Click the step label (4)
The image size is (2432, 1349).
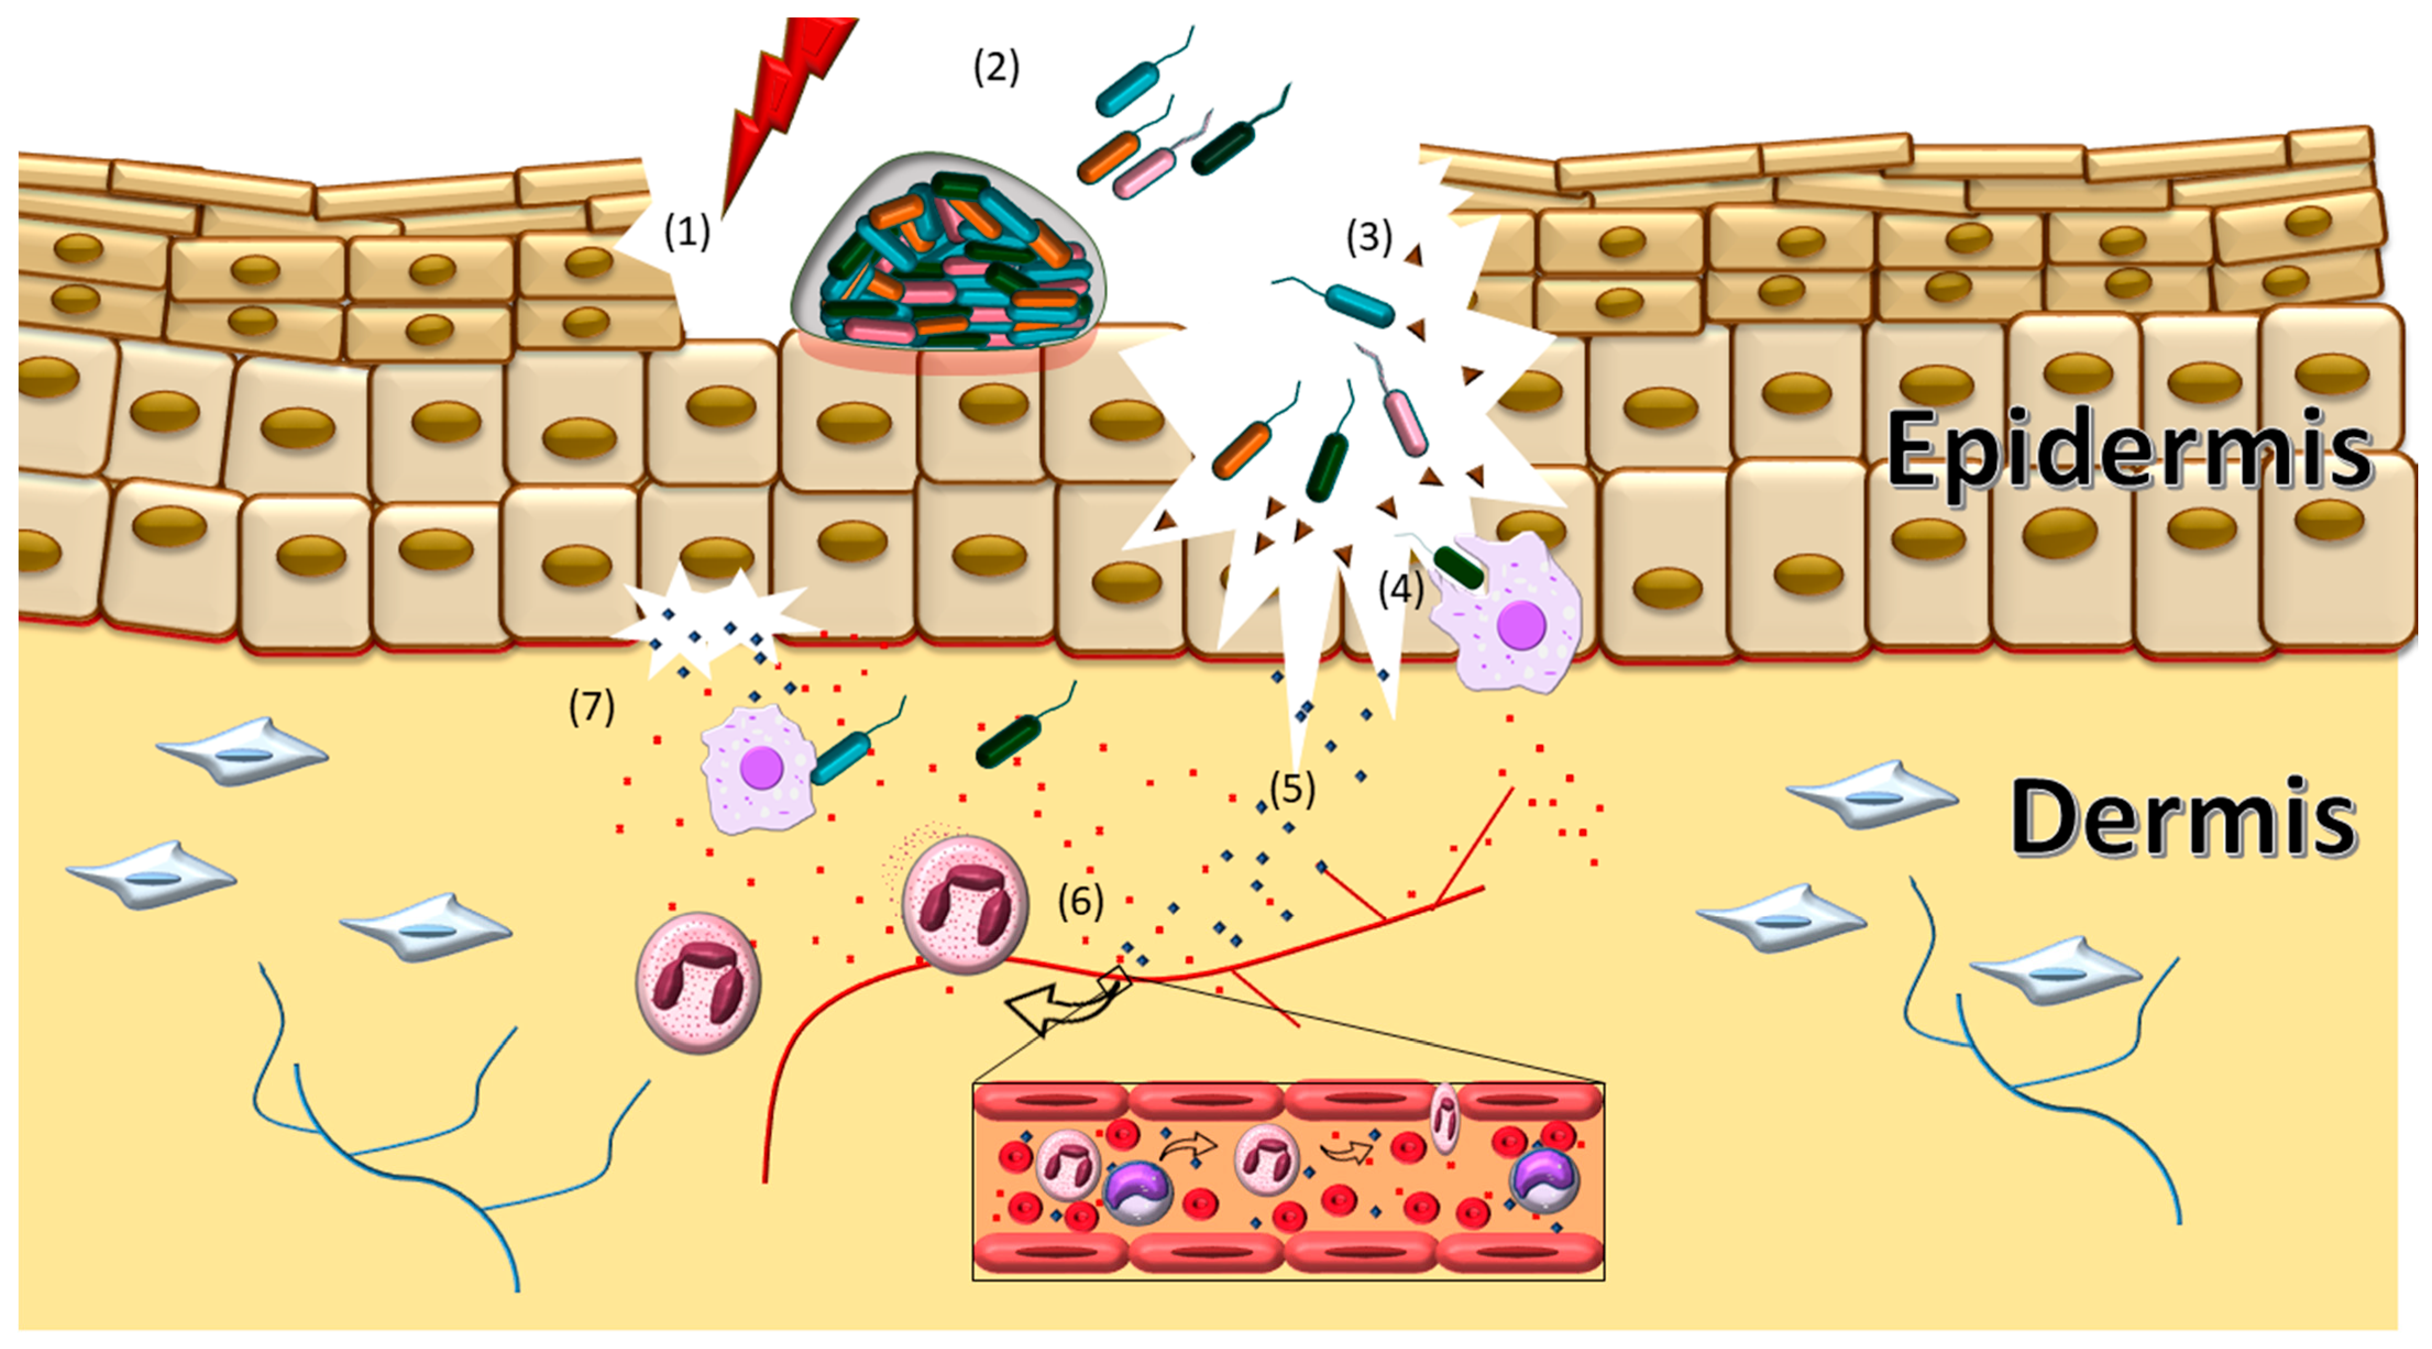coord(1400,590)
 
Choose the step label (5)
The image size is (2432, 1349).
coord(1291,788)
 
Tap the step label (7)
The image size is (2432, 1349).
coord(591,706)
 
